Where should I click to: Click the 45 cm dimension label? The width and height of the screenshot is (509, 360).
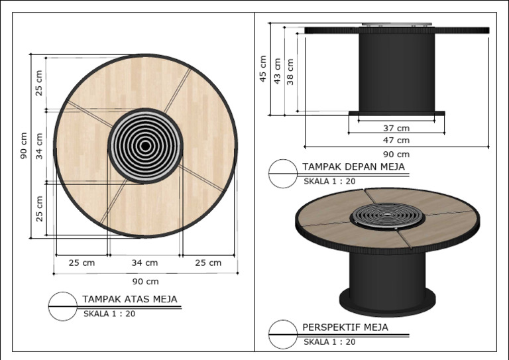tap(263, 69)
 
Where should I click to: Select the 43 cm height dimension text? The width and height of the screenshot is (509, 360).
tap(278, 69)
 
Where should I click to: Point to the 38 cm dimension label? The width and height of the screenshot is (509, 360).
tap(291, 74)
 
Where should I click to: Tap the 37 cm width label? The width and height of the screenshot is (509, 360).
tap(396, 127)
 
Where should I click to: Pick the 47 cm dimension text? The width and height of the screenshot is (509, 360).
tap(396, 140)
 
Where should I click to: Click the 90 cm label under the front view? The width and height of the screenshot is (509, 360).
tap(396, 153)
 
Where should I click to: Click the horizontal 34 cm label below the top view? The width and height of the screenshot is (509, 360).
tap(144, 263)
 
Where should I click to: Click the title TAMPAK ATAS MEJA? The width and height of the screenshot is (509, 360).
tap(130, 299)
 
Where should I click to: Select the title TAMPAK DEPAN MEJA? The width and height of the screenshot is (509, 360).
tap(353, 166)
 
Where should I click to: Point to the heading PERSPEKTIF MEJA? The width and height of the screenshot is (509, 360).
tap(345, 328)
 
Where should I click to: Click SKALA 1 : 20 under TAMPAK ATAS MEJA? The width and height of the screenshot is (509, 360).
tap(109, 314)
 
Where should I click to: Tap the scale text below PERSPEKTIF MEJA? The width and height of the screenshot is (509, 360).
tap(329, 342)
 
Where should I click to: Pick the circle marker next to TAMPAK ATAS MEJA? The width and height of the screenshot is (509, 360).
tap(63, 306)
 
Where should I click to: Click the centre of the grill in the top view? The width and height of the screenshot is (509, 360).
tap(144, 145)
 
